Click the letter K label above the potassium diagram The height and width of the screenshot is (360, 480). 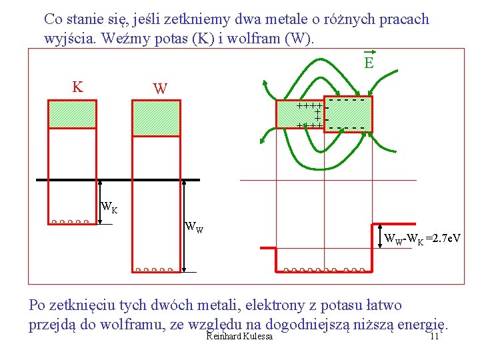(77, 87)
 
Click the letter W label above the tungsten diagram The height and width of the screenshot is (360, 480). (160, 89)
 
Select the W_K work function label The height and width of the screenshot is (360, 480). (109, 207)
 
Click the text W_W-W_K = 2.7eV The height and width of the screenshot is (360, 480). (423, 238)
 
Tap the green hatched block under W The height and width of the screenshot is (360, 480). (156, 118)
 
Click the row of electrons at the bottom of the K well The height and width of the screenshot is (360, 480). (69, 222)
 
